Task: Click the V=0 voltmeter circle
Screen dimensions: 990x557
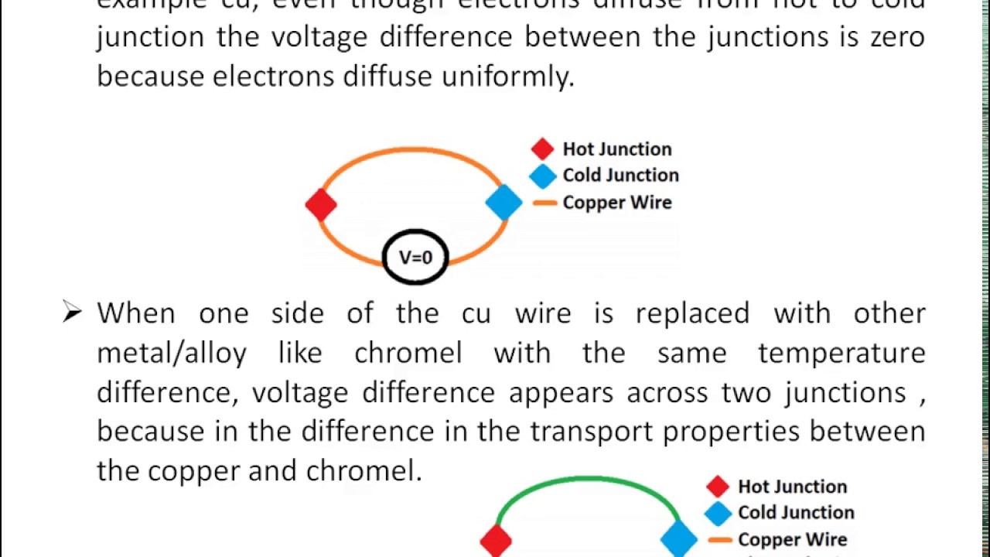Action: pyautogui.click(x=415, y=257)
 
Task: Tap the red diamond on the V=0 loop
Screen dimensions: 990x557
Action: pyautogui.click(x=321, y=205)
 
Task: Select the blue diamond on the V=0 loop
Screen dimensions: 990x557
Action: pyautogui.click(x=504, y=203)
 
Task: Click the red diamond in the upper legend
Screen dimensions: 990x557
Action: pyautogui.click(x=542, y=149)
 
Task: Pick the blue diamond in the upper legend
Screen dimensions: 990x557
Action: pyautogui.click(x=542, y=176)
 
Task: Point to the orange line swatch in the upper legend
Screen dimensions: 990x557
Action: pyautogui.click(x=544, y=203)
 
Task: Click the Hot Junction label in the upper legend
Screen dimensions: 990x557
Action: pyautogui.click(x=616, y=149)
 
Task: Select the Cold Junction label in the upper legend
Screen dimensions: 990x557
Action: pyautogui.click(x=620, y=175)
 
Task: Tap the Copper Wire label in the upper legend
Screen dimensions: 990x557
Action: pyautogui.click(x=616, y=203)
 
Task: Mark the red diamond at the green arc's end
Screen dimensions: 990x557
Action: pyautogui.click(x=496, y=540)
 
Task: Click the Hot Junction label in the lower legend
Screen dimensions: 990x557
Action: pyautogui.click(x=792, y=487)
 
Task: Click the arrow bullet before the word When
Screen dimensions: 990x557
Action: pyautogui.click(x=72, y=313)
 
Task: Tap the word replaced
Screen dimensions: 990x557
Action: pyautogui.click(x=692, y=313)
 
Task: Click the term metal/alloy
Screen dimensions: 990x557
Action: pyautogui.click(x=172, y=354)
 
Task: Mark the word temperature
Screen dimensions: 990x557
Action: pyautogui.click(x=841, y=354)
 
